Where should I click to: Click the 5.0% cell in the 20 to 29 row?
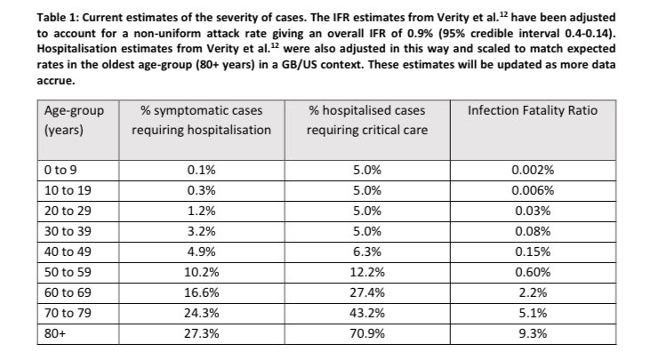point(366,212)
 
